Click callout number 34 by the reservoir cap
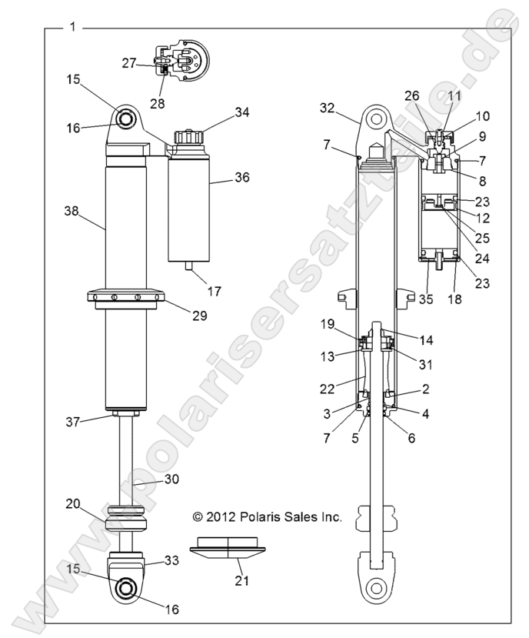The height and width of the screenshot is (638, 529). tap(242, 112)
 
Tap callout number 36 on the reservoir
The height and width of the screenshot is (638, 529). tap(242, 177)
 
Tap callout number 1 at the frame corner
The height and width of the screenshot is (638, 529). tap(73, 28)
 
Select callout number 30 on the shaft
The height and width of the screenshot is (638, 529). tap(171, 479)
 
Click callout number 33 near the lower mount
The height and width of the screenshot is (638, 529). tap(172, 562)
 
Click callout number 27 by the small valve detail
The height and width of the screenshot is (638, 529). tap(129, 64)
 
